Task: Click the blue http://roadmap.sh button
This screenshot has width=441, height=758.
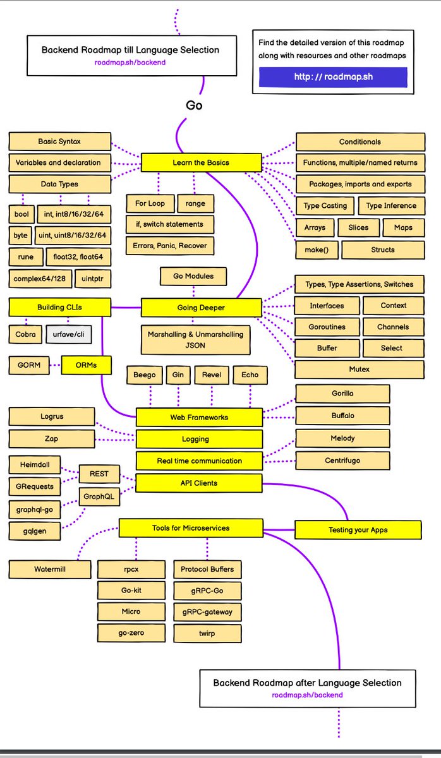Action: pos(333,77)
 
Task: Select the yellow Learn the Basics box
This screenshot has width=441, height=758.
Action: pos(201,162)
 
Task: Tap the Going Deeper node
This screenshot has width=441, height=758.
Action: pos(201,308)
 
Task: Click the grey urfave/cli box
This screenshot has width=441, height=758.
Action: pos(69,334)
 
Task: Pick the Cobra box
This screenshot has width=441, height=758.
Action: pos(26,334)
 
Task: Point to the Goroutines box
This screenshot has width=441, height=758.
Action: pos(327,327)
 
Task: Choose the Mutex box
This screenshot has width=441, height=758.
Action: pos(359,369)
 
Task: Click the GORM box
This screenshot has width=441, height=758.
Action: pos(29,365)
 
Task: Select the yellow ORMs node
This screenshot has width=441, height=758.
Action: pos(87,365)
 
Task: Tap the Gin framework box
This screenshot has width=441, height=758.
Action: pos(178,375)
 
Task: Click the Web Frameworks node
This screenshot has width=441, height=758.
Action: pos(199,417)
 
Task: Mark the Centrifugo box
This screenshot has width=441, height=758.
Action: pos(342,460)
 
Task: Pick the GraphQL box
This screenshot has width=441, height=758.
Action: pos(99,496)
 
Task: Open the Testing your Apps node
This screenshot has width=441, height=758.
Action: pos(358,529)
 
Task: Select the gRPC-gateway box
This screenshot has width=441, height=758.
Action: pos(207,612)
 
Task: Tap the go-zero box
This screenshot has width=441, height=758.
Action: pos(131,633)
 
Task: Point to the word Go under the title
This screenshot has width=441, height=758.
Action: pos(194,105)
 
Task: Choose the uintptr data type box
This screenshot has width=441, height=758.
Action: pos(92,278)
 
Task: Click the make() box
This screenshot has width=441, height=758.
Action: pos(316,250)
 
